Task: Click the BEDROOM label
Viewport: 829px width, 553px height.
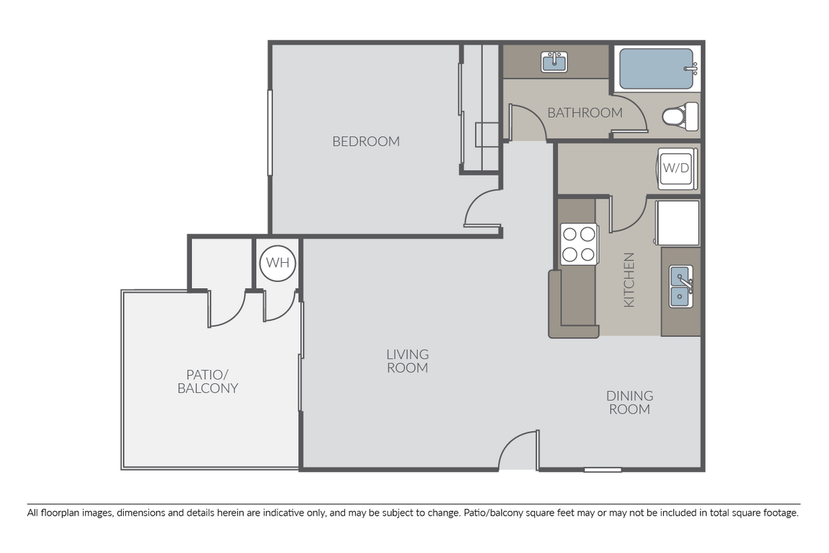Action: pos(366,141)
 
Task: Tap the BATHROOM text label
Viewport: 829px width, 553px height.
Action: pos(584,112)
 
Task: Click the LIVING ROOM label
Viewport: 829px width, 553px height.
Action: pos(407,360)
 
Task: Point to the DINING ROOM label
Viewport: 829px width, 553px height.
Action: pos(629,402)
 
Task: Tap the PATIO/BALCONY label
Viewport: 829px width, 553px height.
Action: pos(207,381)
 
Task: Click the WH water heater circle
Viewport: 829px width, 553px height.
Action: pos(277,263)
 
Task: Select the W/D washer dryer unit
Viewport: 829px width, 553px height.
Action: pos(675,168)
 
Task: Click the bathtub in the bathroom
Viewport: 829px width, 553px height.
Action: pos(657,68)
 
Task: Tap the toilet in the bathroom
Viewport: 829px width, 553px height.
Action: pos(679,117)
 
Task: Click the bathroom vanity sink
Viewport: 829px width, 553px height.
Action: pos(554,63)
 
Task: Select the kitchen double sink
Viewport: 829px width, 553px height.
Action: pos(681,286)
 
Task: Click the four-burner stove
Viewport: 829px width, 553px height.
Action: pos(578,244)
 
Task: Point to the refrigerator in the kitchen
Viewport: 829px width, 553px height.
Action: pos(678,223)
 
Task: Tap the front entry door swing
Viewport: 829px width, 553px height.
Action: pos(519,451)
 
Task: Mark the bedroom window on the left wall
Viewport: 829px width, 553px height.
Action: pos(270,132)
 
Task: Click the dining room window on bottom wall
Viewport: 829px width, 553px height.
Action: pos(602,469)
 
